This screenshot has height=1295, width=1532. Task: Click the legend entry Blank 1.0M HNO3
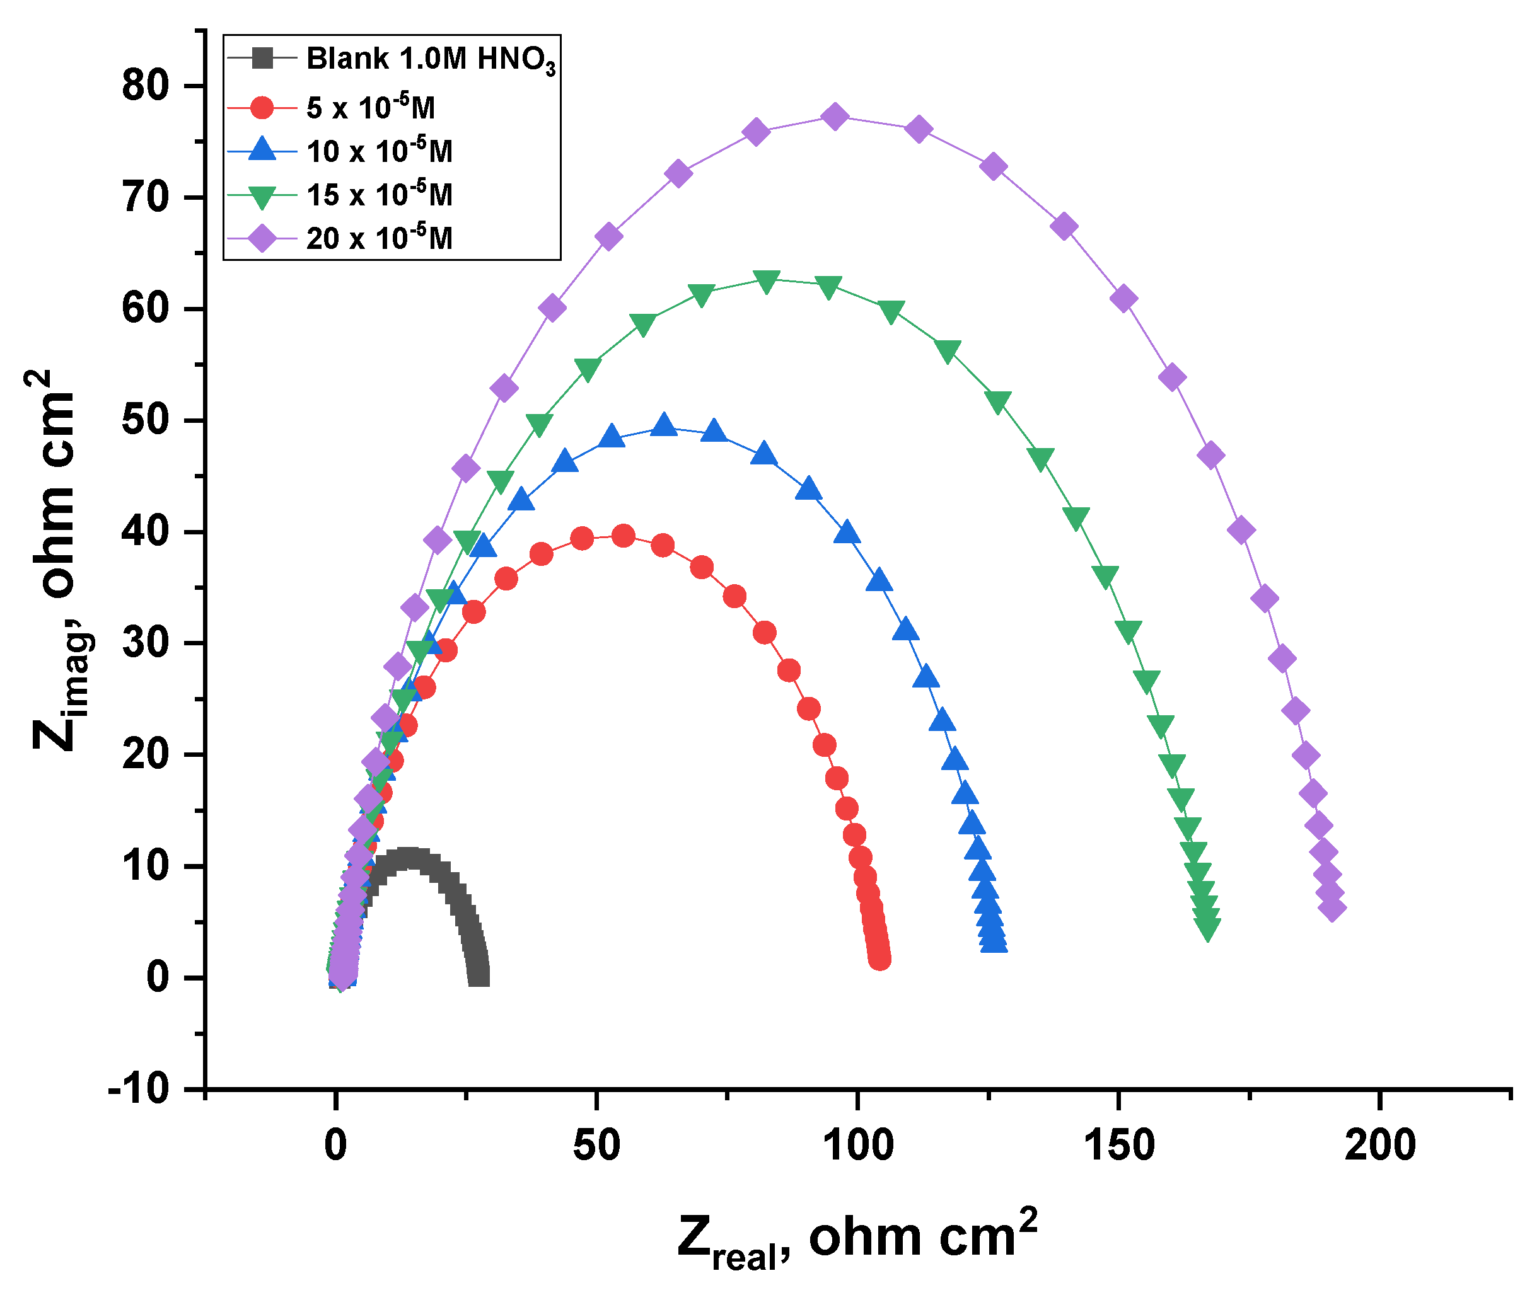click(429, 59)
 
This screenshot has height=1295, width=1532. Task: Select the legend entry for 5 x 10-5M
click(370, 108)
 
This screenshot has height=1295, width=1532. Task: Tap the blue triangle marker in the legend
click(262, 151)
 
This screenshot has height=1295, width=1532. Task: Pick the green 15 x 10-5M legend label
click(379, 195)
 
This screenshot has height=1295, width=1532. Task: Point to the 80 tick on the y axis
click(146, 86)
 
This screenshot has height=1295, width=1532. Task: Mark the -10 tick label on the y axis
click(138, 1089)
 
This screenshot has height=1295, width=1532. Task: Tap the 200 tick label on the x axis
click(1379, 1145)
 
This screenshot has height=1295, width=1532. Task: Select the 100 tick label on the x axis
click(858, 1145)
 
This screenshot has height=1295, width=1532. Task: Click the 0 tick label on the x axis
click(335, 1145)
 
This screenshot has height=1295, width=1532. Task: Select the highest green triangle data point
click(766, 281)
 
